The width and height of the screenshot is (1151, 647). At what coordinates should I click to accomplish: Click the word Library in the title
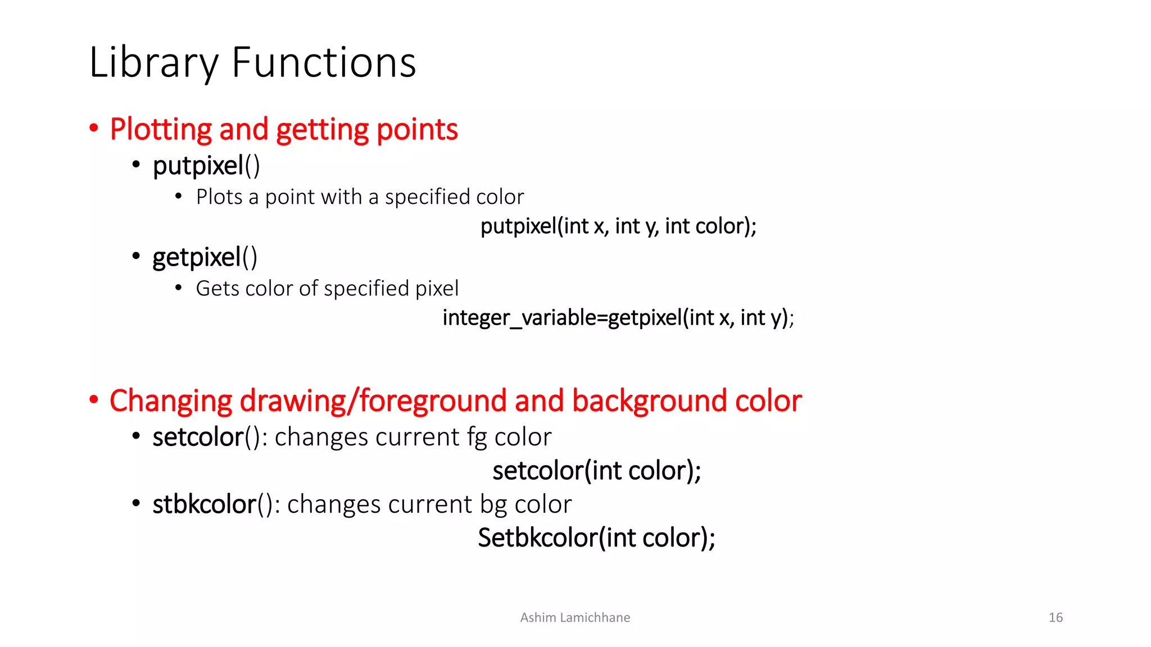tap(153, 63)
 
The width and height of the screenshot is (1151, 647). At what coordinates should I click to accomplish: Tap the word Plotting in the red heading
tap(160, 130)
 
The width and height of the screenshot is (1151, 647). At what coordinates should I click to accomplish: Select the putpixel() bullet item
tap(206, 166)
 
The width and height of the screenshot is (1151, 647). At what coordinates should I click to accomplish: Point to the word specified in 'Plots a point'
tap(427, 197)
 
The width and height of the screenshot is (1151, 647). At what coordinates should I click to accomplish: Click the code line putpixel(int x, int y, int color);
tap(618, 226)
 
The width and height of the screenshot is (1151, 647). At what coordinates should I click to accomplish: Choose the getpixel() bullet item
tap(205, 257)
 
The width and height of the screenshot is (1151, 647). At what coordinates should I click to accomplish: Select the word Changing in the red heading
tap(171, 401)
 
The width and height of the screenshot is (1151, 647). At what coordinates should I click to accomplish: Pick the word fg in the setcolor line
tap(477, 438)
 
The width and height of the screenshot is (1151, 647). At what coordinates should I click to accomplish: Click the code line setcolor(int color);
tap(597, 471)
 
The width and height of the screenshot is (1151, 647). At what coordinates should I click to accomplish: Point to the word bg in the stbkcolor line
tap(493, 504)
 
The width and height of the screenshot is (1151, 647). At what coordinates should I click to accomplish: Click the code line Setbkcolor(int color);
tap(596, 538)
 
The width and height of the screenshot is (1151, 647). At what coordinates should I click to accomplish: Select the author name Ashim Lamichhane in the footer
tap(575, 618)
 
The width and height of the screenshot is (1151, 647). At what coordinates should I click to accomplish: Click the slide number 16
tap(1055, 618)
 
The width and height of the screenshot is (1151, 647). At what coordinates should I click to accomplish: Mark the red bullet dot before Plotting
tap(94, 129)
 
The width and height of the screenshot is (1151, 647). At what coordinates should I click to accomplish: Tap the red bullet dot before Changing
tap(94, 400)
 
